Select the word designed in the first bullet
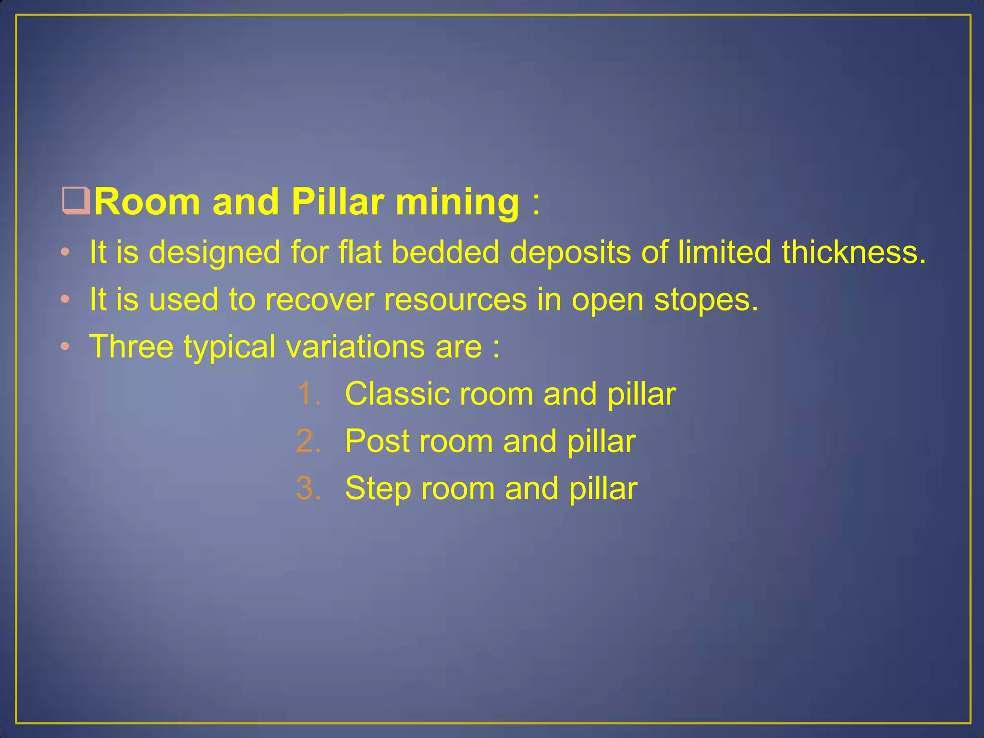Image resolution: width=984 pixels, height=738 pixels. (x=214, y=253)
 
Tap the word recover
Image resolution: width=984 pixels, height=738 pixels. (x=320, y=300)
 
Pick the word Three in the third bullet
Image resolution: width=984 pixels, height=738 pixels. (x=131, y=346)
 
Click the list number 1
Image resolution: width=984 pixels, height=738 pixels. (x=308, y=394)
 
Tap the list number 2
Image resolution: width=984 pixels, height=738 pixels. (x=308, y=441)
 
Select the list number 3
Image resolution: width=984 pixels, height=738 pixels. (x=308, y=488)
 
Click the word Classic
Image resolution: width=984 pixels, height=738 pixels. (x=397, y=394)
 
